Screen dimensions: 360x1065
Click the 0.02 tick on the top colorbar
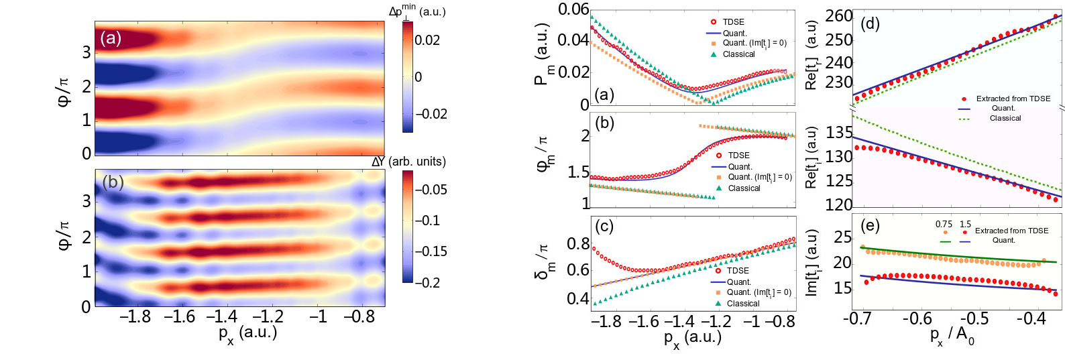(x=427, y=40)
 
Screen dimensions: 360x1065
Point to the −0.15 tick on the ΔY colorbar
(x=430, y=251)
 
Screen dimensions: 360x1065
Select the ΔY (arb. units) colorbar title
(x=408, y=162)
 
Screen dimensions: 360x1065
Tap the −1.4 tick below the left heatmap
(x=221, y=316)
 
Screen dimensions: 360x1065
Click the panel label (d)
(x=870, y=24)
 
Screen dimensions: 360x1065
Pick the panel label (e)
(x=869, y=225)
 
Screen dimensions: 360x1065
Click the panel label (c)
(x=604, y=227)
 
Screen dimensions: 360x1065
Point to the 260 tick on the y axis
(x=838, y=16)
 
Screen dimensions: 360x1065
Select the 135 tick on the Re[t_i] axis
(x=839, y=133)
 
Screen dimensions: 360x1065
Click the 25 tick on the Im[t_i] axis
(x=842, y=237)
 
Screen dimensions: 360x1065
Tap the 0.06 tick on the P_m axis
(x=573, y=9)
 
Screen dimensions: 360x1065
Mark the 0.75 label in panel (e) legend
(x=944, y=225)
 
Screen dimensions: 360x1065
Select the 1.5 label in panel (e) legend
(x=965, y=225)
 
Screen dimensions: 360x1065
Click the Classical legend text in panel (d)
(x=1005, y=119)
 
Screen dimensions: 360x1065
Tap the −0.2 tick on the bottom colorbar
(x=427, y=283)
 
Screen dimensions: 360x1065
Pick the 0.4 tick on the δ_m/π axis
(x=577, y=298)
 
